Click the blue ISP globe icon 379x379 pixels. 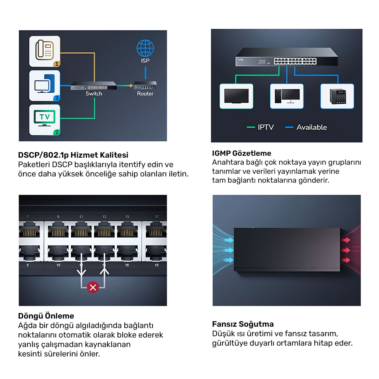point(145,48)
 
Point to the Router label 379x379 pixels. point(145,94)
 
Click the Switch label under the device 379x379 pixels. point(94,94)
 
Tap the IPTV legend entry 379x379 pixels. point(265,127)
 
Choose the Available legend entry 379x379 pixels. point(311,127)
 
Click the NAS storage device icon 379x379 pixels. point(338,96)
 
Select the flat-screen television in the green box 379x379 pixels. point(236,96)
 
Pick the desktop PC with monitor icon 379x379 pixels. point(287,96)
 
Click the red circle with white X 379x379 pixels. point(93,287)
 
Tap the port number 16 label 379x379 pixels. point(127,265)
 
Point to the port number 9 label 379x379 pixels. point(58,217)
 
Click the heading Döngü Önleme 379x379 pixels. point(46,316)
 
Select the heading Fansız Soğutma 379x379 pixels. point(243,324)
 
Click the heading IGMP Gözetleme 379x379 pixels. point(242,153)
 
